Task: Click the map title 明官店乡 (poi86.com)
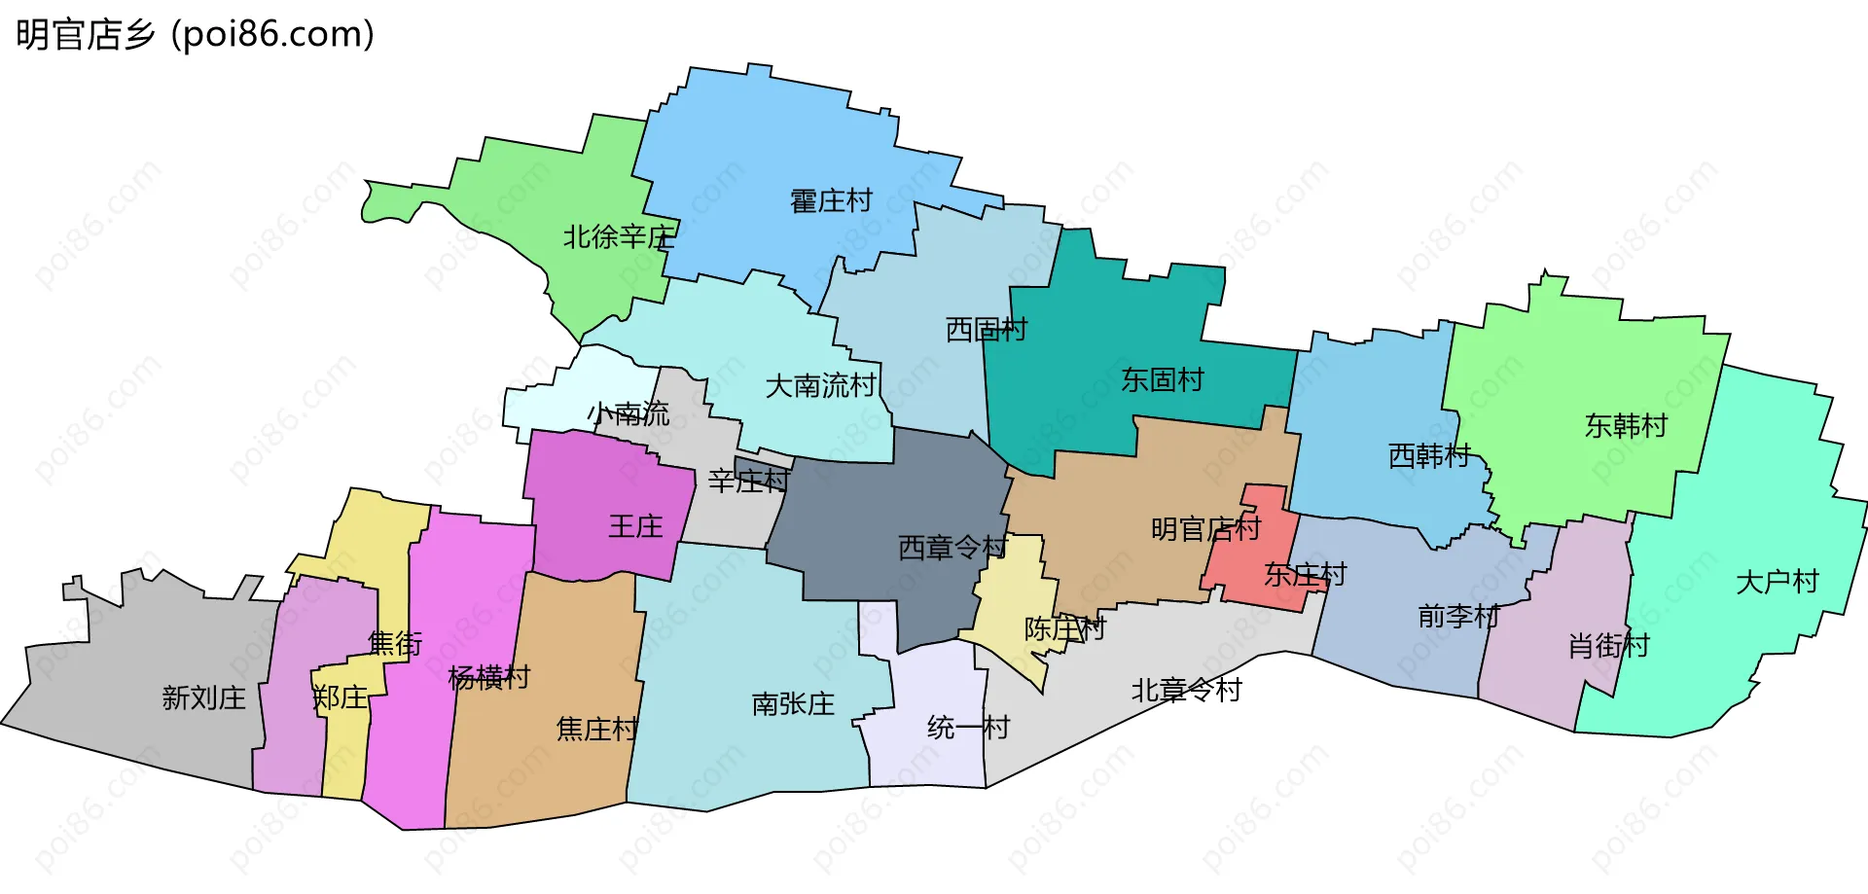(x=195, y=35)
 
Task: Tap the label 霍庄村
(x=831, y=201)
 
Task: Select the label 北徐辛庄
(x=619, y=236)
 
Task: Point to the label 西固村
(x=987, y=330)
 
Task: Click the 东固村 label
(x=1163, y=379)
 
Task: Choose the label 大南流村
(x=821, y=386)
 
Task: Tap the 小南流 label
(x=629, y=414)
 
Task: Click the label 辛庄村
(x=748, y=481)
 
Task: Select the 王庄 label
(x=635, y=527)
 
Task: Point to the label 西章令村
(x=952, y=548)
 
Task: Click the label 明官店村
(x=1205, y=529)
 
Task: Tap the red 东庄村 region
(x=1255, y=545)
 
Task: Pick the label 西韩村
(x=1429, y=455)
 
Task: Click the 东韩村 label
(x=1626, y=426)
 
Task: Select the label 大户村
(x=1778, y=582)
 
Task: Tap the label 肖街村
(x=1608, y=645)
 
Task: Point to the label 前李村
(x=1458, y=616)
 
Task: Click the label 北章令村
(x=1186, y=691)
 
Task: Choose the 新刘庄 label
(x=203, y=697)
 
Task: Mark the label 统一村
(x=968, y=728)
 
